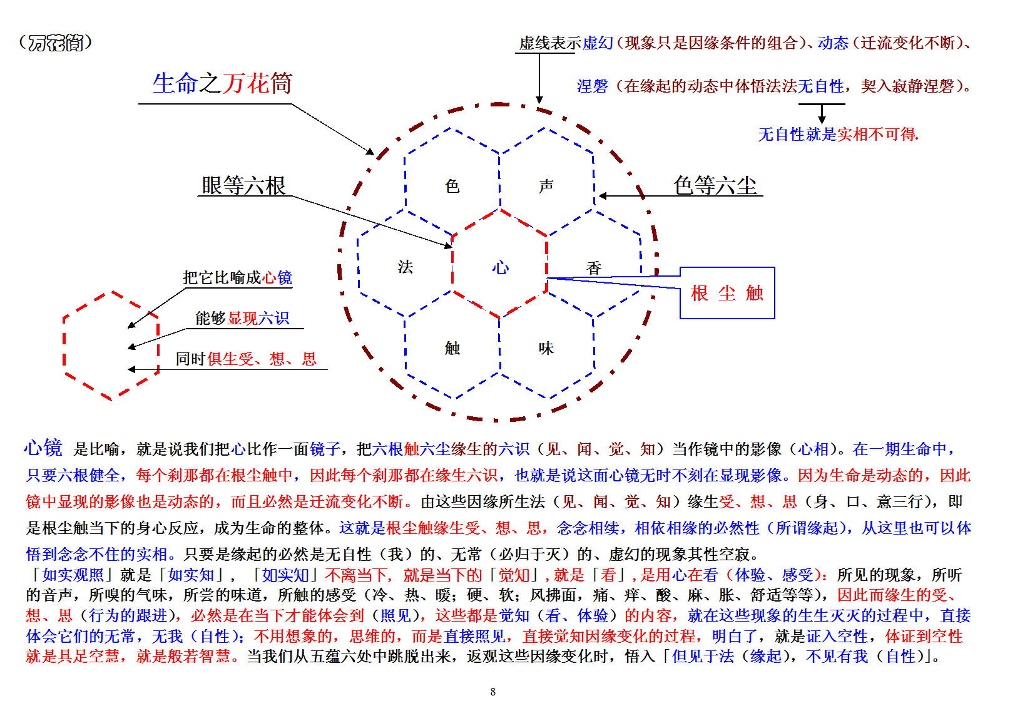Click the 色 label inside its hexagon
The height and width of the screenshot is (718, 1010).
pyautogui.click(x=452, y=186)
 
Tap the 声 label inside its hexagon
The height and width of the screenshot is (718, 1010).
pyautogui.click(x=546, y=186)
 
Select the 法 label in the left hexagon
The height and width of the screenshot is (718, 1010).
pyautogui.click(x=406, y=267)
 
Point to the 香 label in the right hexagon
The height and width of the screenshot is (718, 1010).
pyautogui.click(x=593, y=268)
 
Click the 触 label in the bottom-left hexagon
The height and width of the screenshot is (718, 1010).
pyautogui.click(x=452, y=347)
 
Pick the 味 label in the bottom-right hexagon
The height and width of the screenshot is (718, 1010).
pyautogui.click(x=546, y=347)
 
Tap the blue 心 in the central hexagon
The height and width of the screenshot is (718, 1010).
pyautogui.click(x=500, y=267)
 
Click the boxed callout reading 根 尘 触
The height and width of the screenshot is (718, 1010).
pyautogui.click(x=727, y=293)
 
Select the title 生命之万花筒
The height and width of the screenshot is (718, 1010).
pyautogui.click(x=222, y=83)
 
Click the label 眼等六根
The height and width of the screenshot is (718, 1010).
pyautogui.click(x=243, y=185)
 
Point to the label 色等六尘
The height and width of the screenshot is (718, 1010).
pyautogui.click(x=715, y=185)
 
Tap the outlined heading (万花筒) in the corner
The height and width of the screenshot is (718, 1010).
pyautogui.click(x=56, y=43)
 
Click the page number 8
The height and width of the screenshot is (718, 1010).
pyautogui.click(x=493, y=691)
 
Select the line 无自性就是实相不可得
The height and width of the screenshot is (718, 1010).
pyautogui.click(x=838, y=134)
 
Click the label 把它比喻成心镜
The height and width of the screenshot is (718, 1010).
pyautogui.click(x=237, y=277)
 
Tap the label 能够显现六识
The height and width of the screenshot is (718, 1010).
pyautogui.click(x=242, y=318)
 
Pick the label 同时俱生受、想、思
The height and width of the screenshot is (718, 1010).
pyautogui.click(x=246, y=359)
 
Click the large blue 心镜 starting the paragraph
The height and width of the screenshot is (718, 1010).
pyautogui.click(x=43, y=448)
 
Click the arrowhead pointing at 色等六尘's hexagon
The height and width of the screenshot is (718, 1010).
pyautogui.click(x=603, y=196)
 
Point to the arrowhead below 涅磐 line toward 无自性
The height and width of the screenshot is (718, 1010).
pyautogui.click(x=822, y=120)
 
